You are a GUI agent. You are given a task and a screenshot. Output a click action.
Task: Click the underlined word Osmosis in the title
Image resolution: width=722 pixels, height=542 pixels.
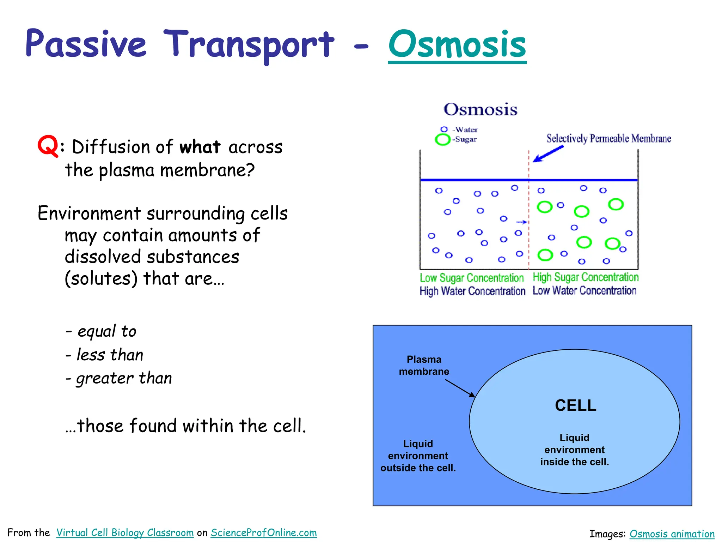[457, 45]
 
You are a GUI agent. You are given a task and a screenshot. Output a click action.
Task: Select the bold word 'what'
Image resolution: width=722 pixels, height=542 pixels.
[200, 147]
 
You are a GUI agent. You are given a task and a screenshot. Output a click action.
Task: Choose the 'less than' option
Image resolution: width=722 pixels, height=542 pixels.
[110, 355]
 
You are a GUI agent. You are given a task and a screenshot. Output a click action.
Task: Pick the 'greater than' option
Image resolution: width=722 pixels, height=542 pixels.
[123, 378]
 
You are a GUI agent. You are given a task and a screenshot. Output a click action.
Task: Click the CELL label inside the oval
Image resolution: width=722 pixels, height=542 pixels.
[575, 405]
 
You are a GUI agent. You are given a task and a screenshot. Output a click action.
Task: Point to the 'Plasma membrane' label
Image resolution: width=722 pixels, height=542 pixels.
[424, 366]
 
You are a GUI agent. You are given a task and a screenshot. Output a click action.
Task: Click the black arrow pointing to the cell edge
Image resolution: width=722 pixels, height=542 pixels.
[460, 389]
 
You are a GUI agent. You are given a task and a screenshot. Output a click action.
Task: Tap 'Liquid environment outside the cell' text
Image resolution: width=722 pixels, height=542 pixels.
[418, 456]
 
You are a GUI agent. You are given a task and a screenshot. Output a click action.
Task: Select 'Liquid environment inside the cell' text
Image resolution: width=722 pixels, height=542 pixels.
[575, 450]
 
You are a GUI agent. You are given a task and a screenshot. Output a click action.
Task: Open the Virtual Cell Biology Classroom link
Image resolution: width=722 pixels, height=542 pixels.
[125, 532]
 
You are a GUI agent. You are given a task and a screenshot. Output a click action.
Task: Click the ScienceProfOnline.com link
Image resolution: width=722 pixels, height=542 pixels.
[264, 532]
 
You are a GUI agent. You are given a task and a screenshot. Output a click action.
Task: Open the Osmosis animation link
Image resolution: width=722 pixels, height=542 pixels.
[672, 534]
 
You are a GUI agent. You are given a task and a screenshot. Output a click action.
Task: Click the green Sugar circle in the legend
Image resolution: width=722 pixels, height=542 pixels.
[443, 139]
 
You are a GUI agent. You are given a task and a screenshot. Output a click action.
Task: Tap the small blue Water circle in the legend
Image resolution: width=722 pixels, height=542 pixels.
[444, 130]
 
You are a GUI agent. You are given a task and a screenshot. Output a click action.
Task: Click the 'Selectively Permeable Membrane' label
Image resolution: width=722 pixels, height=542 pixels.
[608, 138]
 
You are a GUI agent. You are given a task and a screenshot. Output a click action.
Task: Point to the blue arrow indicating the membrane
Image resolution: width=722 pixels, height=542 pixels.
[548, 154]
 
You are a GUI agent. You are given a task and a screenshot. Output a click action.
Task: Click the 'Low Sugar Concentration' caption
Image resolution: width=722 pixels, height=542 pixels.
[472, 278]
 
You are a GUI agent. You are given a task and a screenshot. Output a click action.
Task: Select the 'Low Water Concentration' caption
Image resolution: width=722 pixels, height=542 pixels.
[585, 291]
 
